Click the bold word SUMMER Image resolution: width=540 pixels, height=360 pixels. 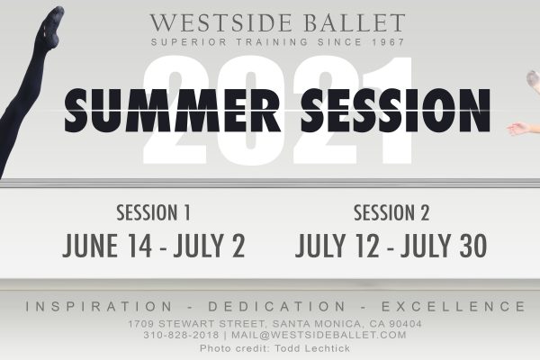[x=172, y=111]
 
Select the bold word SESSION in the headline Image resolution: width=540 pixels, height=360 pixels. [x=395, y=111]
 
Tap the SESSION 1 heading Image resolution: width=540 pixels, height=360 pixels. [x=153, y=212]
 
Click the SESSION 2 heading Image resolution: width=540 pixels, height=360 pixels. [x=391, y=212]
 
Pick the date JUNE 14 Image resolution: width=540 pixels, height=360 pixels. [x=107, y=246]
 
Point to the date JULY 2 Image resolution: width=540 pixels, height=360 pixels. [x=209, y=246]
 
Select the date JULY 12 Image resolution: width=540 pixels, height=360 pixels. [x=337, y=246]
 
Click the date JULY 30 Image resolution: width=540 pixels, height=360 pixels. [x=444, y=246]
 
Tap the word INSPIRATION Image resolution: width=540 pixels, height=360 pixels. [x=99, y=306]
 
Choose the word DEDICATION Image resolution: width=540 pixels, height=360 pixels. [x=276, y=306]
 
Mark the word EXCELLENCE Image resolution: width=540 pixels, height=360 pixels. [x=454, y=306]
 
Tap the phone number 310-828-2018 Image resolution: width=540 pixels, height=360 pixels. [x=181, y=335]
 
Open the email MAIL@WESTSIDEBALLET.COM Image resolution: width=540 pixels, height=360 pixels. [x=319, y=335]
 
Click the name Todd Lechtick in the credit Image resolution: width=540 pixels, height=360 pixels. [x=312, y=348]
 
